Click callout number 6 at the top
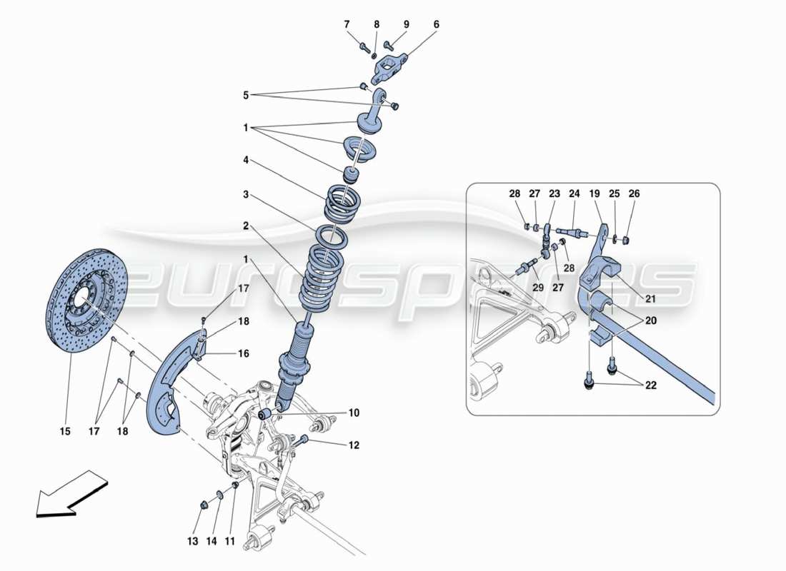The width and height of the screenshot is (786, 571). [x=435, y=25]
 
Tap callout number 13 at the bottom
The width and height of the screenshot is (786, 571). [x=192, y=542]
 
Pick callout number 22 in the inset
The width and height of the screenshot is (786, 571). [x=651, y=386]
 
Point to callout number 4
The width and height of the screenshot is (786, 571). [x=246, y=161]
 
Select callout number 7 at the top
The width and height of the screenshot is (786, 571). [x=347, y=25]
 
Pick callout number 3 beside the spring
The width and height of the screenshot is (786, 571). [x=246, y=194]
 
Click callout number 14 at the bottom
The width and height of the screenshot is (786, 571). [x=211, y=542]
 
